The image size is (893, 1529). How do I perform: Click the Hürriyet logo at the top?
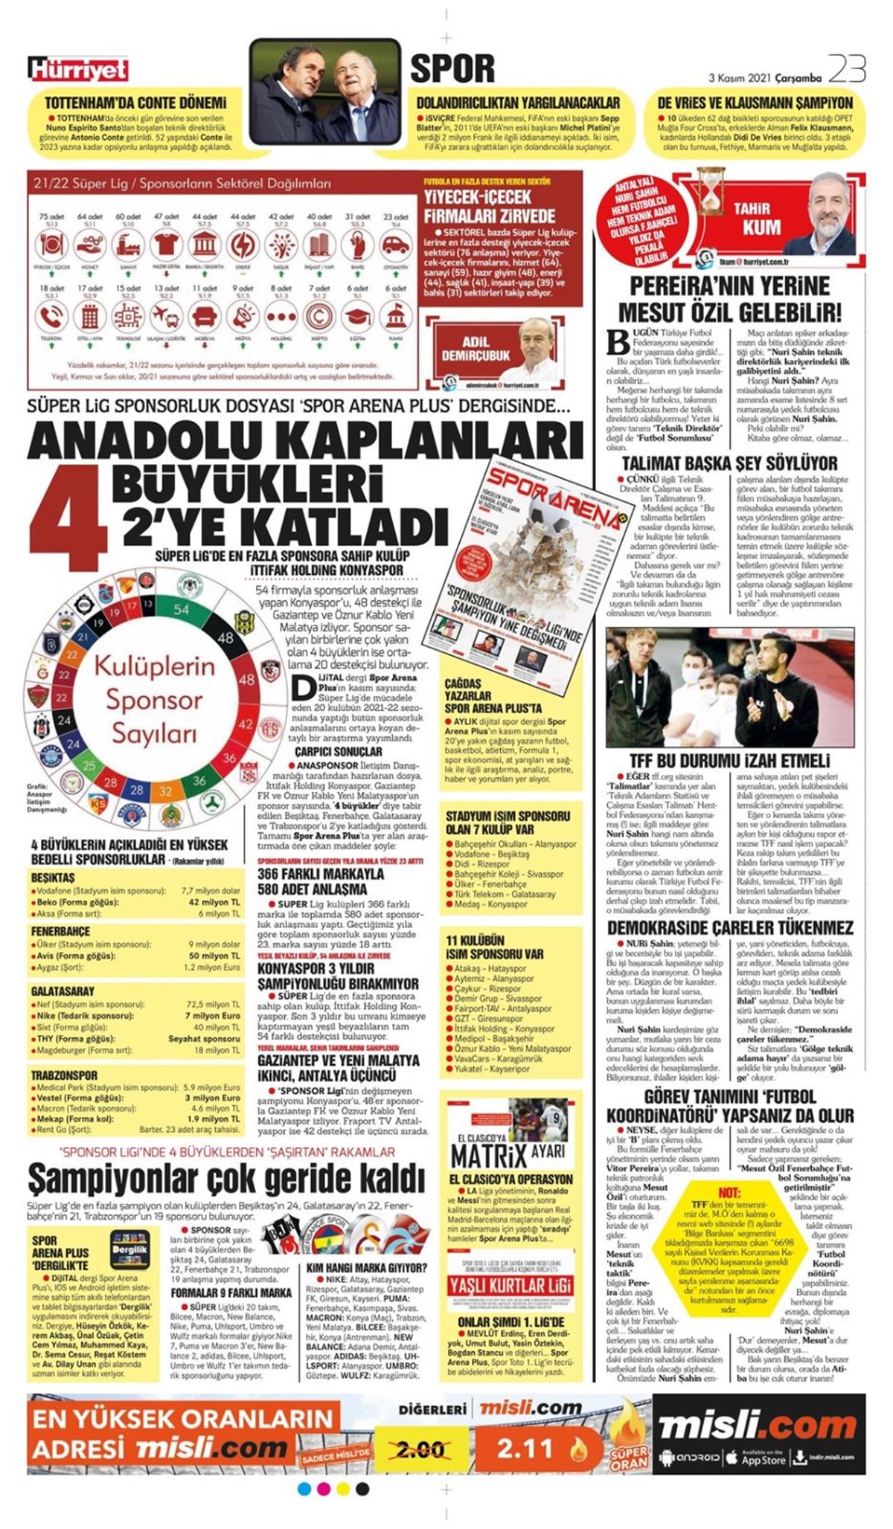pyautogui.click(x=79, y=70)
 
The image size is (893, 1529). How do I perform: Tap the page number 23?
pyautogui.click(x=847, y=70)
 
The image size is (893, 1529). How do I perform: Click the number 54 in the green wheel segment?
pyautogui.click(x=182, y=609)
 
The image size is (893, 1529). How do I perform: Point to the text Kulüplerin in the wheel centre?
pyautogui.click(x=154, y=666)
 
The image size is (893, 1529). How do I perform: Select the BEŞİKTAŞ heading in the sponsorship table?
pyautogui.click(x=53, y=878)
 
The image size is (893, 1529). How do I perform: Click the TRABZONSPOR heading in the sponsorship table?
pyautogui.click(x=64, y=1075)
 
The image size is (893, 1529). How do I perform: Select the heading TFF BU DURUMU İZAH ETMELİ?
pyautogui.click(x=729, y=761)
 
